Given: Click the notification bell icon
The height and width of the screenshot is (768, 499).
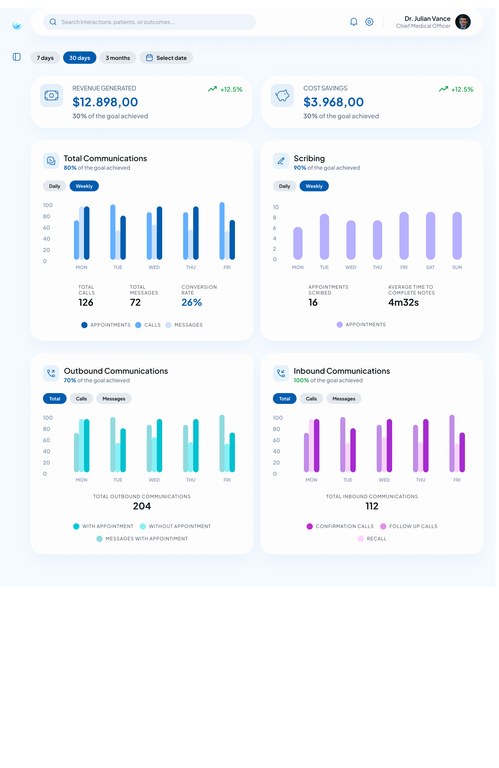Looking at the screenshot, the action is click(354, 22).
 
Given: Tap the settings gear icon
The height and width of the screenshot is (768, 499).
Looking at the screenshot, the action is click(369, 22).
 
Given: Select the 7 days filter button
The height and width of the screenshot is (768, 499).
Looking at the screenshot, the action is click(45, 58).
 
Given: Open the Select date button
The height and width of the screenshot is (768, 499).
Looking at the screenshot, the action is click(166, 58).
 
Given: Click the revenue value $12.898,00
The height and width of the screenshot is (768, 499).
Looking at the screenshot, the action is click(105, 102).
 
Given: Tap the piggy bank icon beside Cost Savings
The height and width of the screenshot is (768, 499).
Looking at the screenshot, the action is click(282, 95).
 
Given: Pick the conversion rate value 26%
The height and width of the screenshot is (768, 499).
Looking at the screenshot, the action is click(192, 302).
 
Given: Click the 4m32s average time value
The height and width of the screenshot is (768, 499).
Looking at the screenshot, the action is click(403, 302).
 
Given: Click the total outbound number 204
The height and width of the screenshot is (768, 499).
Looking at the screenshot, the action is click(142, 506).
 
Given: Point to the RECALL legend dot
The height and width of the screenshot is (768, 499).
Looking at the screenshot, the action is click(361, 539).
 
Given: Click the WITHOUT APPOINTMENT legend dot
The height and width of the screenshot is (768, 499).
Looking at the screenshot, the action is click(142, 526).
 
